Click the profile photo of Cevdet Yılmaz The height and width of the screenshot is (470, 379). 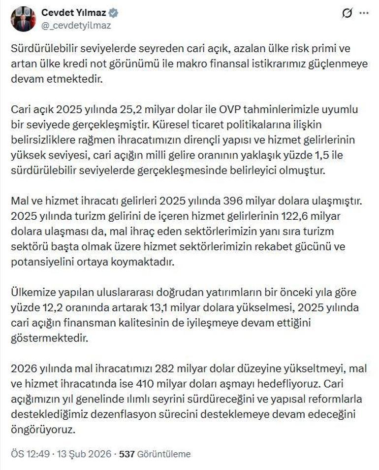[x=23, y=19]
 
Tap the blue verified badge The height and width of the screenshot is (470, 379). [x=113, y=13]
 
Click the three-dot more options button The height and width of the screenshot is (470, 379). [x=364, y=14]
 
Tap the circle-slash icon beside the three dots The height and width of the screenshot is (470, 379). [x=347, y=14]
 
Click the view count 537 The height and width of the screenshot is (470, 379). [x=127, y=454]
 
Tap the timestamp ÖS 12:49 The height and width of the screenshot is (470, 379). [x=30, y=454]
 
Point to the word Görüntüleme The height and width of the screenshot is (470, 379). [x=164, y=454]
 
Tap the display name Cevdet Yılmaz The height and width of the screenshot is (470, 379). [x=74, y=13]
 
